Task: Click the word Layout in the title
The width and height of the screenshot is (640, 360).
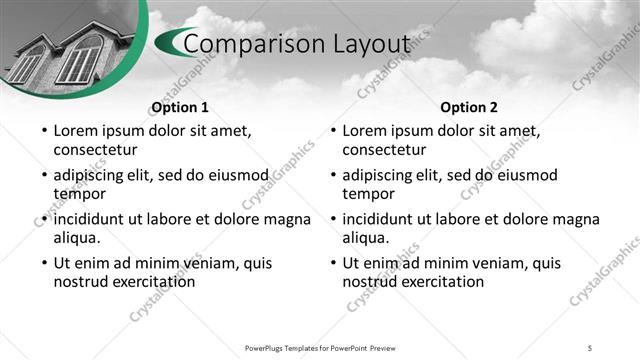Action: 373,44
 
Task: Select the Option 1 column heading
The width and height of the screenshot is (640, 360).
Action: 179,107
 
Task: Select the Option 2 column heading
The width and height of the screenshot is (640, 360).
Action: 469,107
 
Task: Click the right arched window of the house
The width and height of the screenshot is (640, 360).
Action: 78,59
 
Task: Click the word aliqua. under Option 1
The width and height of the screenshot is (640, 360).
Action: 77,238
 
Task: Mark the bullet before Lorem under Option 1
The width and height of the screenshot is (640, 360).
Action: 43,131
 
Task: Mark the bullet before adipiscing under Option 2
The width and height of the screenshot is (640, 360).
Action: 333,175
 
